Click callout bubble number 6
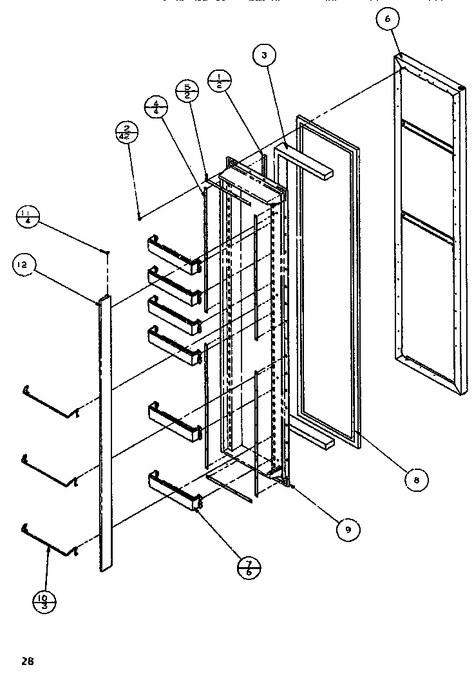388,20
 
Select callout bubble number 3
264,56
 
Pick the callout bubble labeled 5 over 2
187,91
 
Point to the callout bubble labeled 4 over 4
155,106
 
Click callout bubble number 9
348,529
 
